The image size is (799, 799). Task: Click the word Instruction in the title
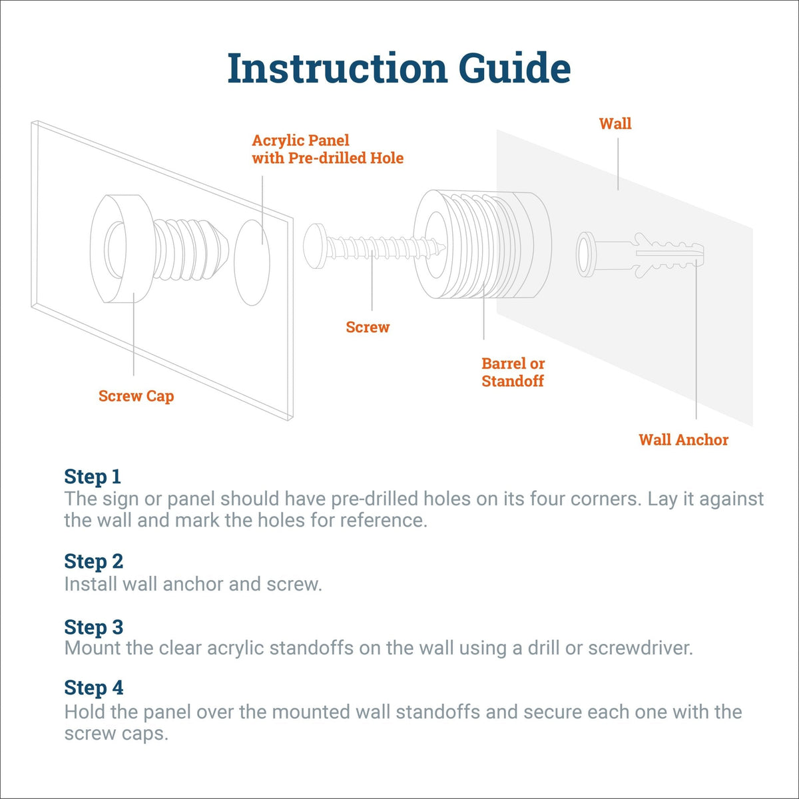click(x=338, y=68)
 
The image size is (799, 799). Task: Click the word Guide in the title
click(x=515, y=68)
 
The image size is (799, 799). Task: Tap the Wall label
click(x=615, y=124)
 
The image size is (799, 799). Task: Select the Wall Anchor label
click(x=683, y=439)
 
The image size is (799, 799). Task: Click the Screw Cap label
click(x=136, y=396)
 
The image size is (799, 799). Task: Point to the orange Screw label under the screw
click(x=368, y=327)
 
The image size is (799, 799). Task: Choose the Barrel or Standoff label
click(x=513, y=372)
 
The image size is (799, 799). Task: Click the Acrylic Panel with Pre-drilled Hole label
click(x=328, y=149)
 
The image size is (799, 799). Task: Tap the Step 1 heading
click(x=93, y=477)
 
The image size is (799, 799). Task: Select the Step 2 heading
click(x=94, y=562)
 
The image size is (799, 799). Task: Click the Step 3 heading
click(x=94, y=627)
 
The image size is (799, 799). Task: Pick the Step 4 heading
click(x=94, y=687)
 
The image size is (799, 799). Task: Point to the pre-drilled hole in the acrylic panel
click(x=252, y=262)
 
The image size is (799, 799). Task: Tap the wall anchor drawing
click(x=640, y=254)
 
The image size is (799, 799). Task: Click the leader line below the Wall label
click(x=618, y=164)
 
